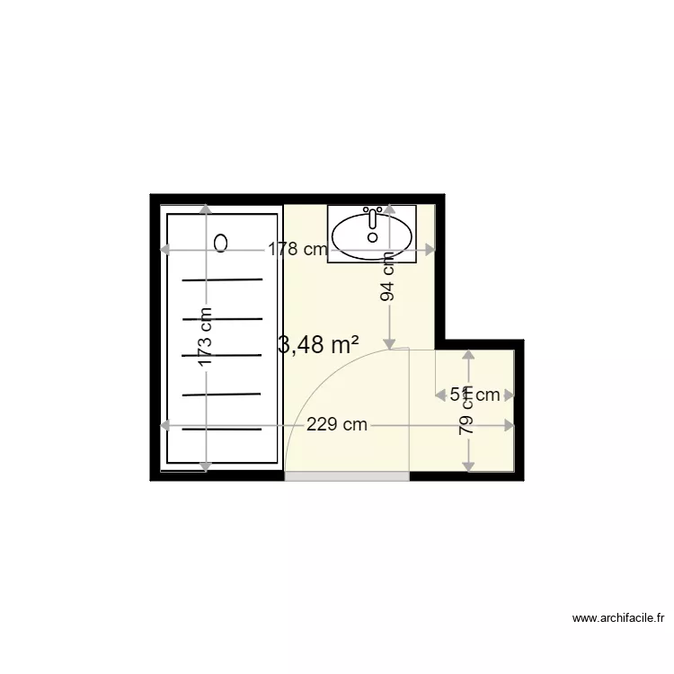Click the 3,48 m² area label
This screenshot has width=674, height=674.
pos(319,345)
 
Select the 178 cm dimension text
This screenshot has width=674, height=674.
pos(297,250)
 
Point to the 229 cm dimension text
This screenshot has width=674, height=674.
pos(336,425)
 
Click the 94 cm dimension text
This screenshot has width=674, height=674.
pos(388,278)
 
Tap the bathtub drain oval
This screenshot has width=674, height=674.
pos(222,243)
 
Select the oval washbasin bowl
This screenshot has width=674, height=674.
pos(372,235)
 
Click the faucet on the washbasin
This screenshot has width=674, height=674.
pos(372,218)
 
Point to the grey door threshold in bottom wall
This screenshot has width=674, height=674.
pos(347,476)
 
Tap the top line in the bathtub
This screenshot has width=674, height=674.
pos(223,279)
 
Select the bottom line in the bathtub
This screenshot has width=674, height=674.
pos(223,429)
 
